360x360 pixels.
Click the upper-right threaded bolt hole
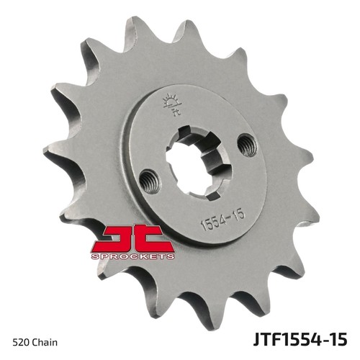coord(248,145)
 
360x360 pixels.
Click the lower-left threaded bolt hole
coord(150,181)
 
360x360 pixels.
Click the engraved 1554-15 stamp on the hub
coord(222,220)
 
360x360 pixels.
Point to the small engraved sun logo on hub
coord(172,104)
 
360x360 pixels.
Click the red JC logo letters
coord(132,238)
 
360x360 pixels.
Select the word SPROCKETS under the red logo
coord(132,256)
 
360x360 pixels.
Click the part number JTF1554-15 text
coord(300,339)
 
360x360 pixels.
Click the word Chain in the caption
coord(45,342)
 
